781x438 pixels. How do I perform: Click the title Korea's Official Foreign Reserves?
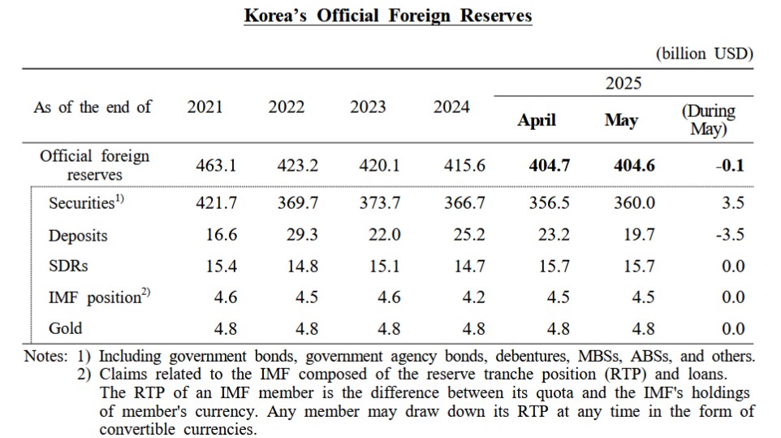point(388,15)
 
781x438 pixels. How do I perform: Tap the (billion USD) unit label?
point(704,54)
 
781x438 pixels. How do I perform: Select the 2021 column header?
point(205,107)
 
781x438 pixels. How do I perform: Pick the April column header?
point(537,120)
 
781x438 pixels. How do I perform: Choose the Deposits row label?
point(78,236)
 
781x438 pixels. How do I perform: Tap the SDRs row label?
point(67,267)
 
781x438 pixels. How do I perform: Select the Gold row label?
point(66,328)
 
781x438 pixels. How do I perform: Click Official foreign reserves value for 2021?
point(216,166)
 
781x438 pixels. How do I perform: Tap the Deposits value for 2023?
point(384,236)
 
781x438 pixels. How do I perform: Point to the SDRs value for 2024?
point(468,267)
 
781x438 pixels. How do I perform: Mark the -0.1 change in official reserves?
point(730,166)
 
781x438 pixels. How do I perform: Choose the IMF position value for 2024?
point(474,297)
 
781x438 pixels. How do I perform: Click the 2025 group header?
point(623,83)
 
